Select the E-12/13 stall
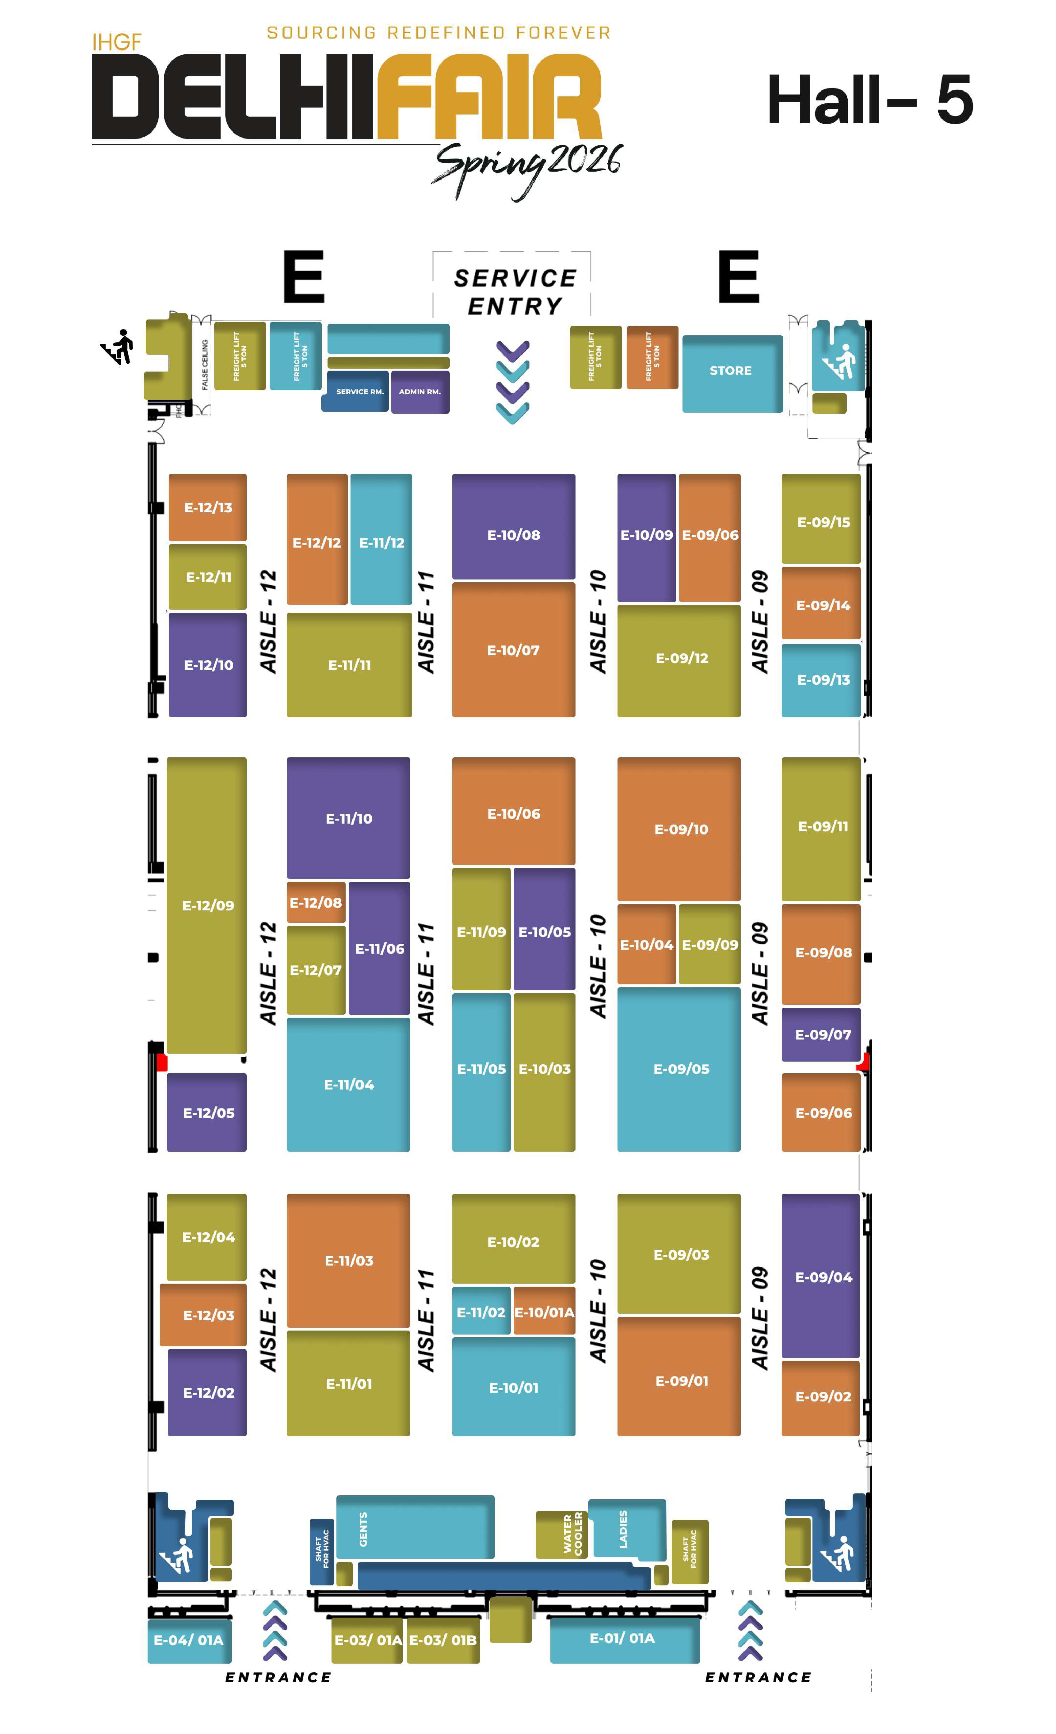pos(208,507)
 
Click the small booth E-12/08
pos(316,902)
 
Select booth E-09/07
pos(822,1035)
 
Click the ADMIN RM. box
pos(420,391)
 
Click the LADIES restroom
pos(626,1529)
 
